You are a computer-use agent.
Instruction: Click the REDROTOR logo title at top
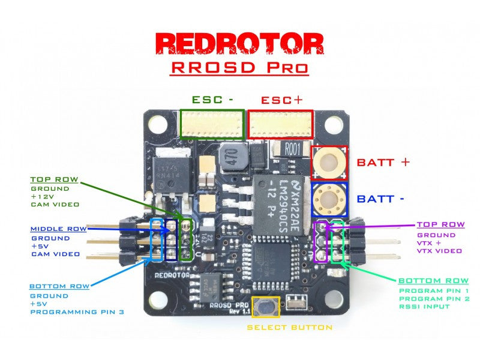240,43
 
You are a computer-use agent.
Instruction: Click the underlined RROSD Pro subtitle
240,66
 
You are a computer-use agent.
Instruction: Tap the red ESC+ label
281,100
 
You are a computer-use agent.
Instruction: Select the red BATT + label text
383,162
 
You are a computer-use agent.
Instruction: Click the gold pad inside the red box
329,161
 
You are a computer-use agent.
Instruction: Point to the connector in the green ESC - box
212,124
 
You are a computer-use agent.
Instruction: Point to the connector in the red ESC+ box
281,124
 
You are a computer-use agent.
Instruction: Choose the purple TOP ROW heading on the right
440,224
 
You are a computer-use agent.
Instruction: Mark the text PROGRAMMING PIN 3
78,313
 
